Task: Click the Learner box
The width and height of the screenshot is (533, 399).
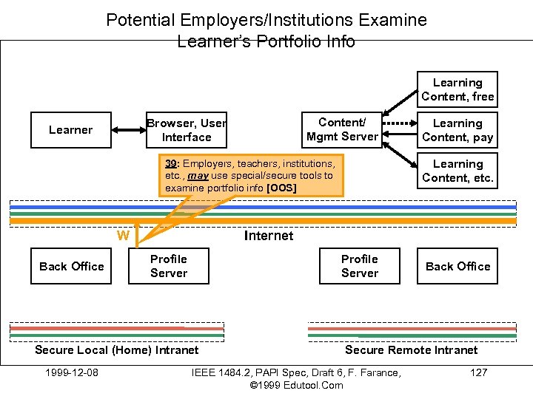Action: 71,130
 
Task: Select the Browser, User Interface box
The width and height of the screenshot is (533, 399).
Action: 187,130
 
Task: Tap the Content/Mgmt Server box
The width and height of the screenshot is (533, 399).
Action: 342,129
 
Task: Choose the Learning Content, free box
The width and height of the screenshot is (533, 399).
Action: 457,89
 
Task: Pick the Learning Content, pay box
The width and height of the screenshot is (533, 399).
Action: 457,130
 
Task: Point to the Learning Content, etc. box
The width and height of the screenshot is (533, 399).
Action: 457,171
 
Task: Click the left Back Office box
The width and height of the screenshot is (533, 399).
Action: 71,266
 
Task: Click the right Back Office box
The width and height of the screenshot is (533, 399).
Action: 457,266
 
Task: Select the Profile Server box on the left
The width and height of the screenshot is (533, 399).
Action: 169,266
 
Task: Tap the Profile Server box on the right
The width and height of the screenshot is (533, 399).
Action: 360,266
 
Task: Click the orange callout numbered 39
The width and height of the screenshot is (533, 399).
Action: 251,176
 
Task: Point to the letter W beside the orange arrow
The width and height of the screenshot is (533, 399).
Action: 124,236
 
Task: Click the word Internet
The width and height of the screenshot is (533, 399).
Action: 269,236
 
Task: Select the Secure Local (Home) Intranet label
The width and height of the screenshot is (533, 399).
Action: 117,349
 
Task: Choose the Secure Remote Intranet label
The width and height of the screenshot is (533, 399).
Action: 412,349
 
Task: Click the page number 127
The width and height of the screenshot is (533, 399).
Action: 479,372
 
